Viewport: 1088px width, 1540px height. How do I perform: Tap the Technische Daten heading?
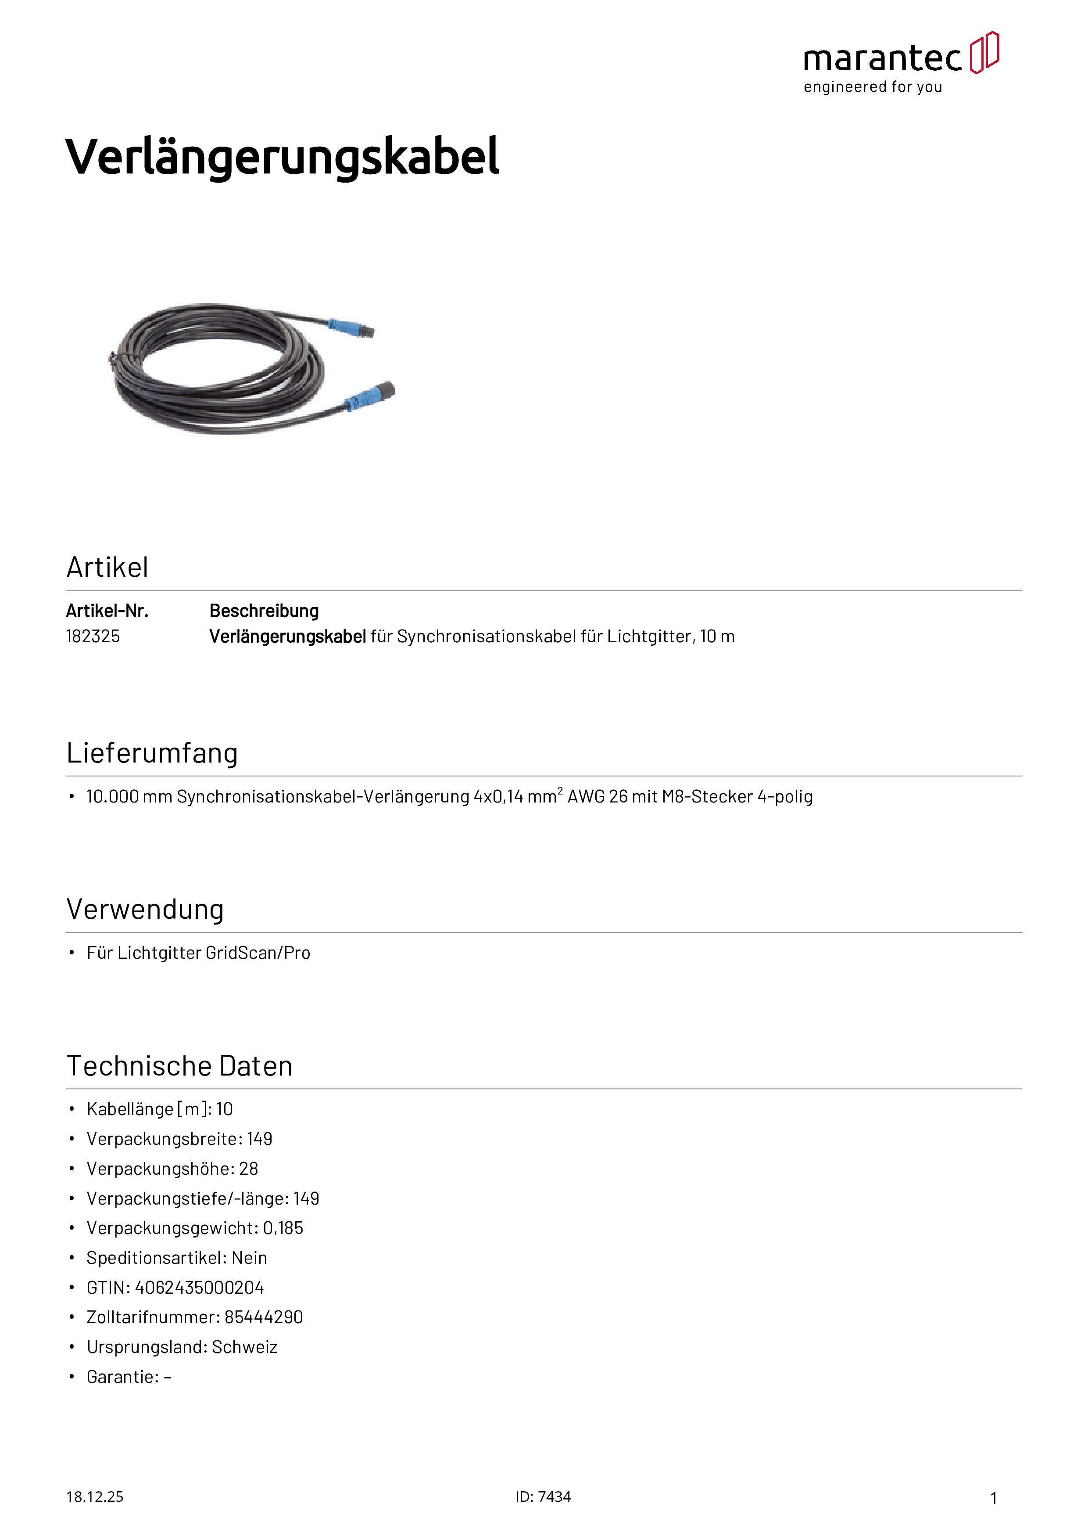click(x=179, y=1066)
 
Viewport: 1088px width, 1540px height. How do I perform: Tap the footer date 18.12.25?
click(x=94, y=1497)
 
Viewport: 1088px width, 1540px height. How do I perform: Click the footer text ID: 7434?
click(x=543, y=1497)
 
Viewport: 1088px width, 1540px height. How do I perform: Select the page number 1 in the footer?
click(x=994, y=1498)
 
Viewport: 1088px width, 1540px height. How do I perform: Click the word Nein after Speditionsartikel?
click(x=249, y=1258)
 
